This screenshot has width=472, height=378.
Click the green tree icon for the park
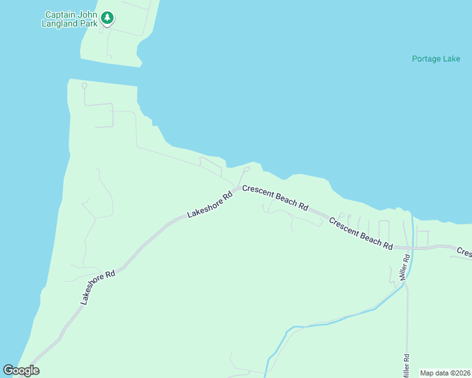pos(108,18)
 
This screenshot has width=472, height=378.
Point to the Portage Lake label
pos(436,59)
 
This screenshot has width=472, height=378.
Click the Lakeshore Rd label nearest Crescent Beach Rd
pos(210,204)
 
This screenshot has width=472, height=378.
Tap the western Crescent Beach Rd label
pos(275,197)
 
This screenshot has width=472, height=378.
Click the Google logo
pos(21,370)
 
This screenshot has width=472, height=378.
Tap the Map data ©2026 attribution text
pos(445,373)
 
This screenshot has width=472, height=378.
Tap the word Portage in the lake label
pos(427,59)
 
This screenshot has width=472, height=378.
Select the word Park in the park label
pos(89,23)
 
